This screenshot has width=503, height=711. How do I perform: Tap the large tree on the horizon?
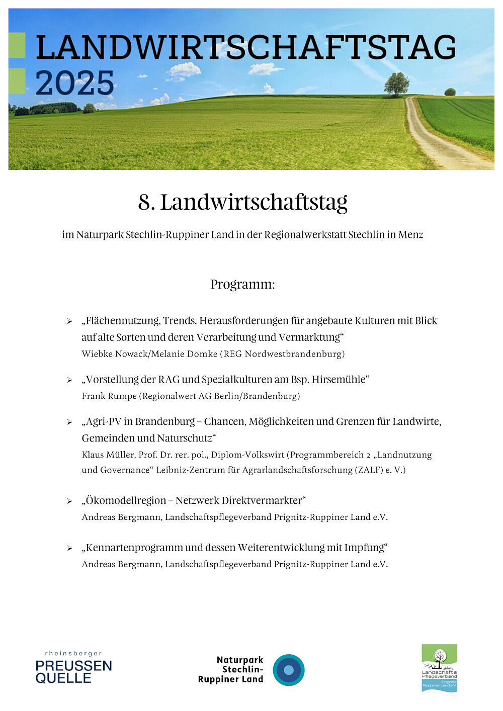[x=396, y=83]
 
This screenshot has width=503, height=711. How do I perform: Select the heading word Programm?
[x=242, y=285]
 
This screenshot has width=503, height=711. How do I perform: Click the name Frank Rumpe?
[x=109, y=396]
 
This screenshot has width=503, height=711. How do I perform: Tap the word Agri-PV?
[x=103, y=421]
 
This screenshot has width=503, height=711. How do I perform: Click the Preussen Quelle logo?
[x=73, y=668]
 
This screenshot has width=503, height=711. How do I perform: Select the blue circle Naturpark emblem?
[x=289, y=670]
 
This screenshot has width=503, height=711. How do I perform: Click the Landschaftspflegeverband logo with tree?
[x=439, y=668]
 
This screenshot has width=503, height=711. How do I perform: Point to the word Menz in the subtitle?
[x=411, y=235]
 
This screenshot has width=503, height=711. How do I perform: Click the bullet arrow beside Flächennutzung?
[x=70, y=321]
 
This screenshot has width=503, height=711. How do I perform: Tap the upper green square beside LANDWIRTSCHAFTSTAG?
[x=17, y=45]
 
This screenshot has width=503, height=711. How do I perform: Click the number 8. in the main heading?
[x=146, y=203]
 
